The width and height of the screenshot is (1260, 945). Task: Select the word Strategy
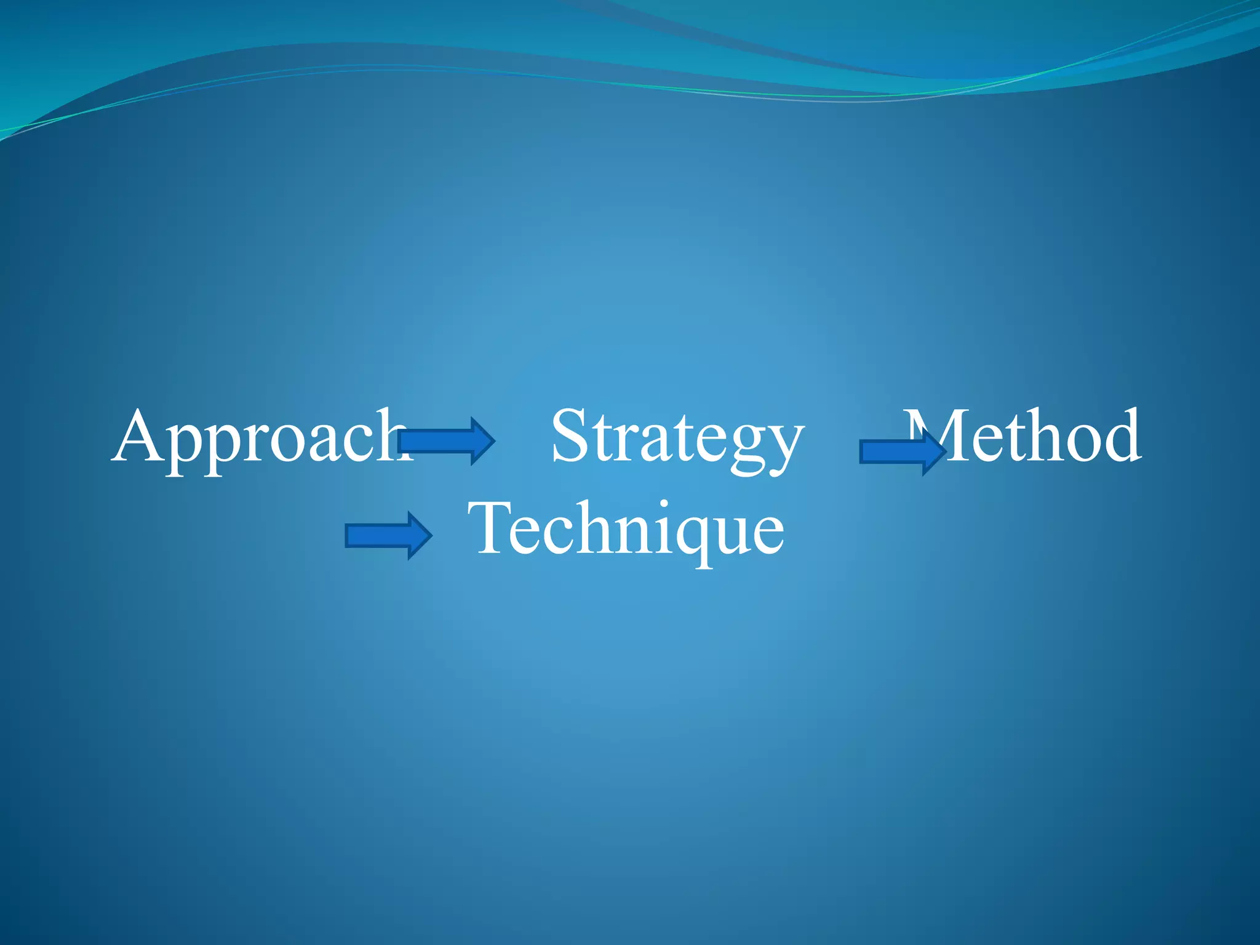tap(677, 438)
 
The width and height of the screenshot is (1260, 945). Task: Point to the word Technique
tap(626, 529)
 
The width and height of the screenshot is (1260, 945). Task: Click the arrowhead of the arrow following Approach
tap(482, 441)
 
